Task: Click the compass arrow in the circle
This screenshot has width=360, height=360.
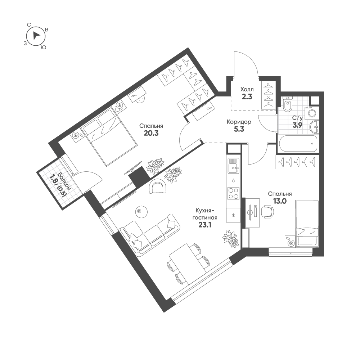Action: [36, 36]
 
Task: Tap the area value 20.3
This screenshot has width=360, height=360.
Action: [151, 133]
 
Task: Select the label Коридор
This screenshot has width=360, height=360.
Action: [239, 122]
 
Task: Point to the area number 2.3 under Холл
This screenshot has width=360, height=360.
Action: [247, 96]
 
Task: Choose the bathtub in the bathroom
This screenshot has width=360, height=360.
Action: [298, 144]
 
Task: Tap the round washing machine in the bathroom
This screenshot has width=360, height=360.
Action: [312, 113]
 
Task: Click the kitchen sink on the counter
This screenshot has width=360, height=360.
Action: [233, 166]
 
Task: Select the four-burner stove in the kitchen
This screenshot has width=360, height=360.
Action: [233, 193]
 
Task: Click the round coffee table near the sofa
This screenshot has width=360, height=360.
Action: [141, 211]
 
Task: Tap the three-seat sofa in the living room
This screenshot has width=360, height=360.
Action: [150, 235]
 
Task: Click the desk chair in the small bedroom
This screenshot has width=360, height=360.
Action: [268, 211]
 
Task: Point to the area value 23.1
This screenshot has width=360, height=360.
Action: [205, 225]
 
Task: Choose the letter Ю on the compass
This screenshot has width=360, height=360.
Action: [43, 48]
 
